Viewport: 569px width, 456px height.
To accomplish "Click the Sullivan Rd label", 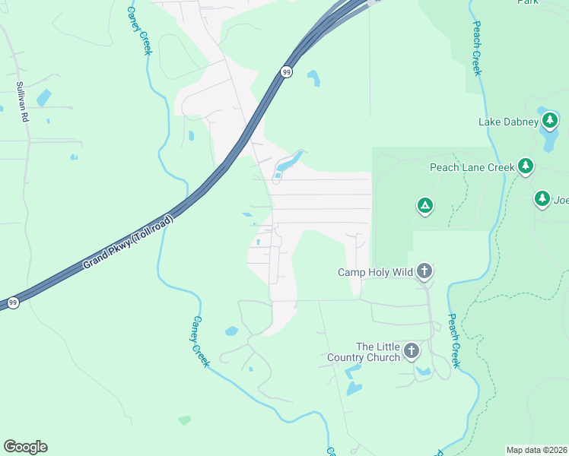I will [x=23, y=102].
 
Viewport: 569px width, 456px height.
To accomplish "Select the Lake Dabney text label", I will [x=508, y=122].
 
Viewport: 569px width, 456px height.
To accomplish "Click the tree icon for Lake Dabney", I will [x=550, y=120].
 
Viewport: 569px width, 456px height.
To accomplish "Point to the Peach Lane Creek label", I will [x=472, y=167].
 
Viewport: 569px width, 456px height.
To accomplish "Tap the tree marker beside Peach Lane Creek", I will [x=525, y=166].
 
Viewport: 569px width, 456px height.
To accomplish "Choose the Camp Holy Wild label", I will [x=376, y=272].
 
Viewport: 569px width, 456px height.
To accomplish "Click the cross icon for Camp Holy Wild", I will [x=424, y=271].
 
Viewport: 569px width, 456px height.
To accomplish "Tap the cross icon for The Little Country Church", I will [x=411, y=350].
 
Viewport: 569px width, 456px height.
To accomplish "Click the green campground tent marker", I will [x=424, y=204].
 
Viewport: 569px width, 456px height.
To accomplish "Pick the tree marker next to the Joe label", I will [x=542, y=199].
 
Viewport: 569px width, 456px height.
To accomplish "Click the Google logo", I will [x=25, y=447].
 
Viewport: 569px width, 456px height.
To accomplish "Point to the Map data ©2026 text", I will [x=536, y=450].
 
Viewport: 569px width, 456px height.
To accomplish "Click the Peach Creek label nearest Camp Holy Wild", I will [x=454, y=341].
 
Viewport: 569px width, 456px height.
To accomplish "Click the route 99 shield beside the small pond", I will [x=286, y=72].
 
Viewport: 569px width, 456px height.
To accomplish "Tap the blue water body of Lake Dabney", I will [x=549, y=138].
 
